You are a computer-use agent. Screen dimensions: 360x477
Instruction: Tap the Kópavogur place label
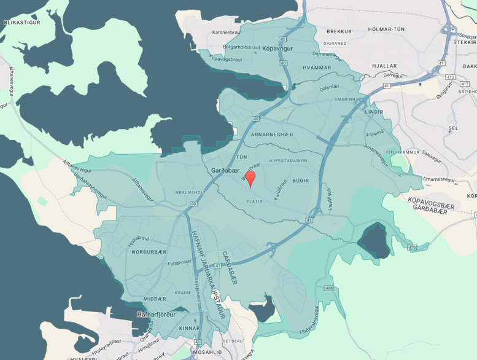(x=275, y=48)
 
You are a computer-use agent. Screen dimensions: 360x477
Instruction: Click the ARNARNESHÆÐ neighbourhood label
(x=273, y=135)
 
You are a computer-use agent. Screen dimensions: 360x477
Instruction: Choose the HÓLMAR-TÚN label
(x=386, y=29)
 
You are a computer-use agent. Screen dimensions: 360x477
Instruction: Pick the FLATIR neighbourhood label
(x=255, y=201)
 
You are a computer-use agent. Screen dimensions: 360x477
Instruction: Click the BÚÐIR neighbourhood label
(x=300, y=181)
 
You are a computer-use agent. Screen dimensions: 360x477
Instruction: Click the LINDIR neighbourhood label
(x=373, y=112)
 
